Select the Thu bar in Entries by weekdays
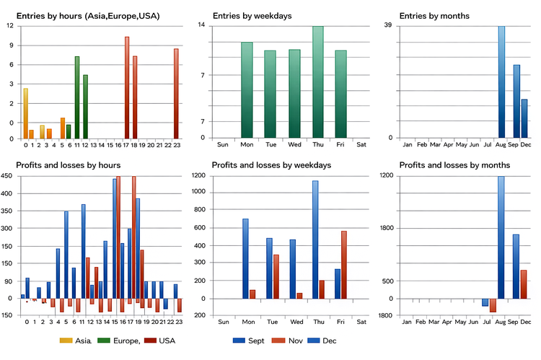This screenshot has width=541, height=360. [x=317, y=82]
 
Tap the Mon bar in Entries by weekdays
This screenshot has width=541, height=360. [x=247, y=90]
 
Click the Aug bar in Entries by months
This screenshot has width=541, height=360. [x=501, y=82]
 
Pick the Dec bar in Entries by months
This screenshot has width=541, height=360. [x=525, y=118]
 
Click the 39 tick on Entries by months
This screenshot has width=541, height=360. [x=388, y=25]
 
